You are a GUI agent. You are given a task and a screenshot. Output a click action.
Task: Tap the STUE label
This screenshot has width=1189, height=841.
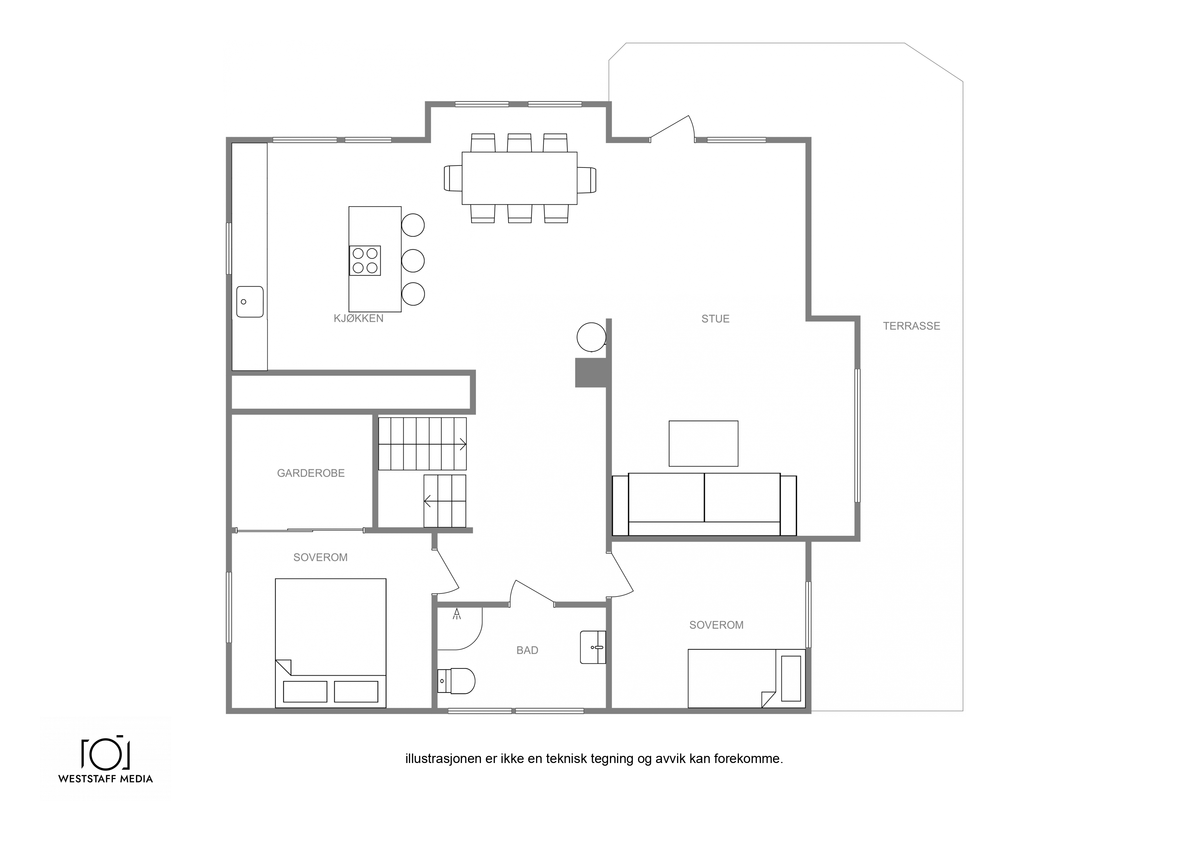click(x=715, y=319)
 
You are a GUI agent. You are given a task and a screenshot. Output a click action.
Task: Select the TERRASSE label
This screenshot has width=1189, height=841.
click(x=911, y=326)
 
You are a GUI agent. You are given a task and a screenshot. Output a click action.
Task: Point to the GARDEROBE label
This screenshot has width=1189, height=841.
click(x=311, y=473)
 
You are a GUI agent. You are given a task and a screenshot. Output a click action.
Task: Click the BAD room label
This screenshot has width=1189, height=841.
click(x=527, y=650)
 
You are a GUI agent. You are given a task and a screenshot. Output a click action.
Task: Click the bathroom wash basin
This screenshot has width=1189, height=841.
click(x=593, y=647)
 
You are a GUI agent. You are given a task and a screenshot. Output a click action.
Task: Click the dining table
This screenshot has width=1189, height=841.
click(x=519, y=178)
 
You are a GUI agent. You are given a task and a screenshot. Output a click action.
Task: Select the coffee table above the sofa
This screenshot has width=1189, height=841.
click(x=703, y=444)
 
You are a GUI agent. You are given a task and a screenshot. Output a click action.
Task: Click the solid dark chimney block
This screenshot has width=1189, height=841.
click(x=591, y=373)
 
